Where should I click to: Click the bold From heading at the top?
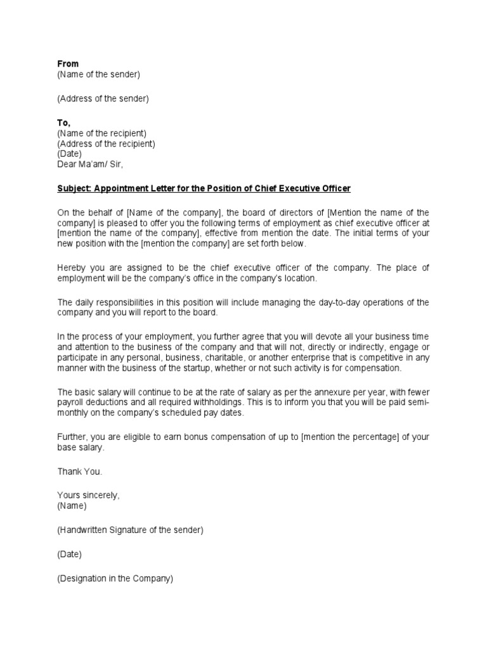[68, 64]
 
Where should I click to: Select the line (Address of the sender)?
[103, 98]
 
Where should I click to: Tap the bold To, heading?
[64, 122]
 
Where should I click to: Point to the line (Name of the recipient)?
[101, 133]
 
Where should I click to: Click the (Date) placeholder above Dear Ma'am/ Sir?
[69, 153]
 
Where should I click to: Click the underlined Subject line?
[204, 189]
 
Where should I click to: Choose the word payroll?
[72, 402]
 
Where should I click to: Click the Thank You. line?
[79, 472]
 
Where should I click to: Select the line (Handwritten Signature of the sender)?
[130, 530]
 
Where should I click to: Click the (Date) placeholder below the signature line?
[69, 554]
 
